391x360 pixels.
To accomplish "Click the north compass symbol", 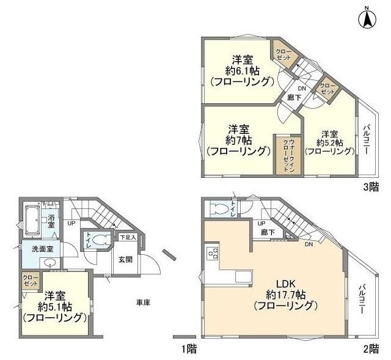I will pyautogui.click(x=368, y=18).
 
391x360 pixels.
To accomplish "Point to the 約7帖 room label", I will pyautogui.click(x=238, y=140).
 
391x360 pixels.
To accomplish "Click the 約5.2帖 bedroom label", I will pyautogui.click(x=330, y=142).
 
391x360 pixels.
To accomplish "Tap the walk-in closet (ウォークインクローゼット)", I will pyautogui.click(x=285, y=156).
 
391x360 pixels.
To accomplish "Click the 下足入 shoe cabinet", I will pyautogui.click(x=127, y=237).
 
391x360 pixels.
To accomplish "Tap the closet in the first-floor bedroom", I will pyautogui.click(x=29, y=282).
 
